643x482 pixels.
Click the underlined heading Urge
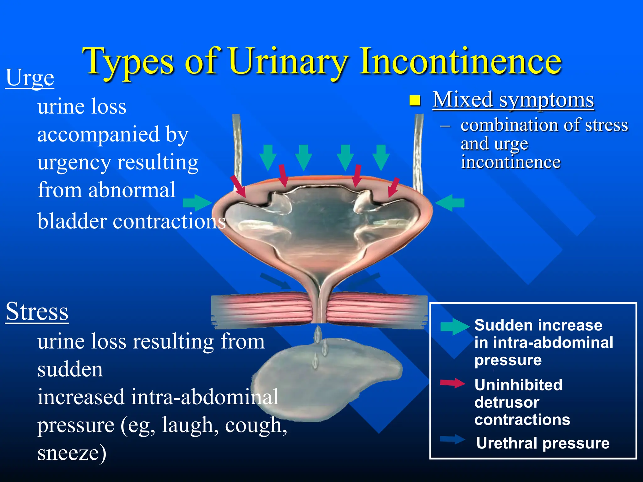pyautogui.click(x=30, y=78)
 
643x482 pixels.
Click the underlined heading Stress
pyautogui.click(x=37, y=311)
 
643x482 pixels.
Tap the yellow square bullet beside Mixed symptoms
pyautogui.click(x=415, y=100)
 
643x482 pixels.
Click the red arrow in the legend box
pyautogui.click(x=452, y=383)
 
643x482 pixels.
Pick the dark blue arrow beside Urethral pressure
pyautogui.click(x=452, y=439)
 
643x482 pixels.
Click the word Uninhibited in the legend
pyautogui.click(x=518, y=385)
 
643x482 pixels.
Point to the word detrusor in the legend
pyautogui.click(x=507, y=402)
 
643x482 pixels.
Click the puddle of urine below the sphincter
pyautogui.click(x=327, y=386)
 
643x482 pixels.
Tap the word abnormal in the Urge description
pyautogui.click(x=132, y=190)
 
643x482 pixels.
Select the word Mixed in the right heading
pyautogui.click(x=462, y=100)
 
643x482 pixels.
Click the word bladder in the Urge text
pyautogui.click(x=72, y=221)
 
